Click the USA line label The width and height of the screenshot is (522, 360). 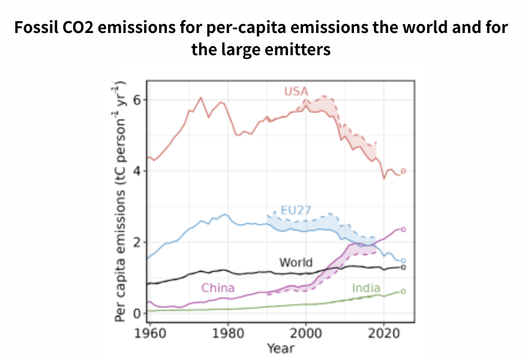tap(296, 91)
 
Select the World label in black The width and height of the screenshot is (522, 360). tap(296, 262)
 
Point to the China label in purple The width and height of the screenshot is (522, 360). tap(218, 287)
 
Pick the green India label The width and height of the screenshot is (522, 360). tap(366, 287)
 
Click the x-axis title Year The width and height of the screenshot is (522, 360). tap(281, 347)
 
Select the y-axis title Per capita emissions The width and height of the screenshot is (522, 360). tap(121, 202)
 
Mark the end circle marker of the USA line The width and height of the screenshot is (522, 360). tap(403, 171)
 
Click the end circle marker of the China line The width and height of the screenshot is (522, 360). tap(403, 229)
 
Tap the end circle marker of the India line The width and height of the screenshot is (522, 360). tap(403, 292)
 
